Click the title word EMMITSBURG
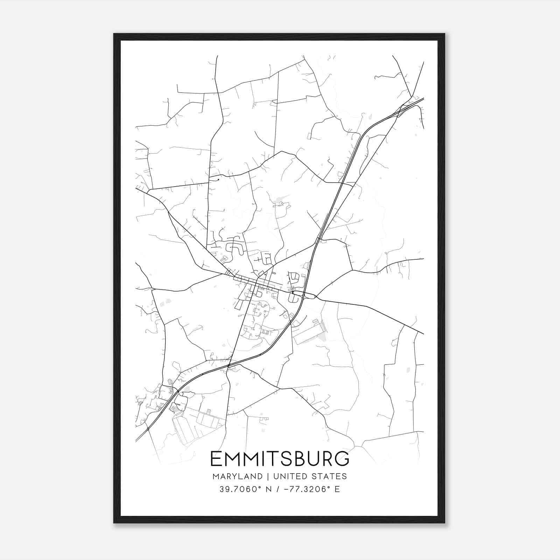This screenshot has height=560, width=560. (x=280, y=459)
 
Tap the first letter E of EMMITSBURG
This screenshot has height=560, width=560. (x=216, y=459)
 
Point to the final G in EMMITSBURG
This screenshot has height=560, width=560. (x=342, y=459)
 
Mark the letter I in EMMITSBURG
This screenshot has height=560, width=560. (x=261, y=459)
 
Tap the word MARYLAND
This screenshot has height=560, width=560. (x=237, y=476)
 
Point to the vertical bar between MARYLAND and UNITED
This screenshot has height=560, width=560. (x=268, y=476)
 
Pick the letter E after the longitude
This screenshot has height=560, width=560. (x=337, y=489)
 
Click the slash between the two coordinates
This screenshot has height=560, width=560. (x=278, y=489)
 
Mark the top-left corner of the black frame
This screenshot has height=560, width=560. (x=114, y=34)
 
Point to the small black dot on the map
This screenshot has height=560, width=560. (x=218, y=180)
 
